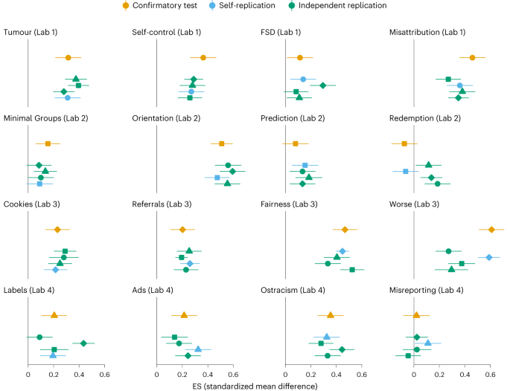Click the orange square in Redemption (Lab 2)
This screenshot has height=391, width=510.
point(404,143)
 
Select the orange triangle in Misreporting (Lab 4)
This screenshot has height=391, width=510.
point(416,315)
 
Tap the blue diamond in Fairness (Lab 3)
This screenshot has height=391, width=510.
point(342,251)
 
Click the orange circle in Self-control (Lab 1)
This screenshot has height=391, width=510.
point(203,58)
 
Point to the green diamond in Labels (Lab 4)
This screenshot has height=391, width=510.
point(83,343)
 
